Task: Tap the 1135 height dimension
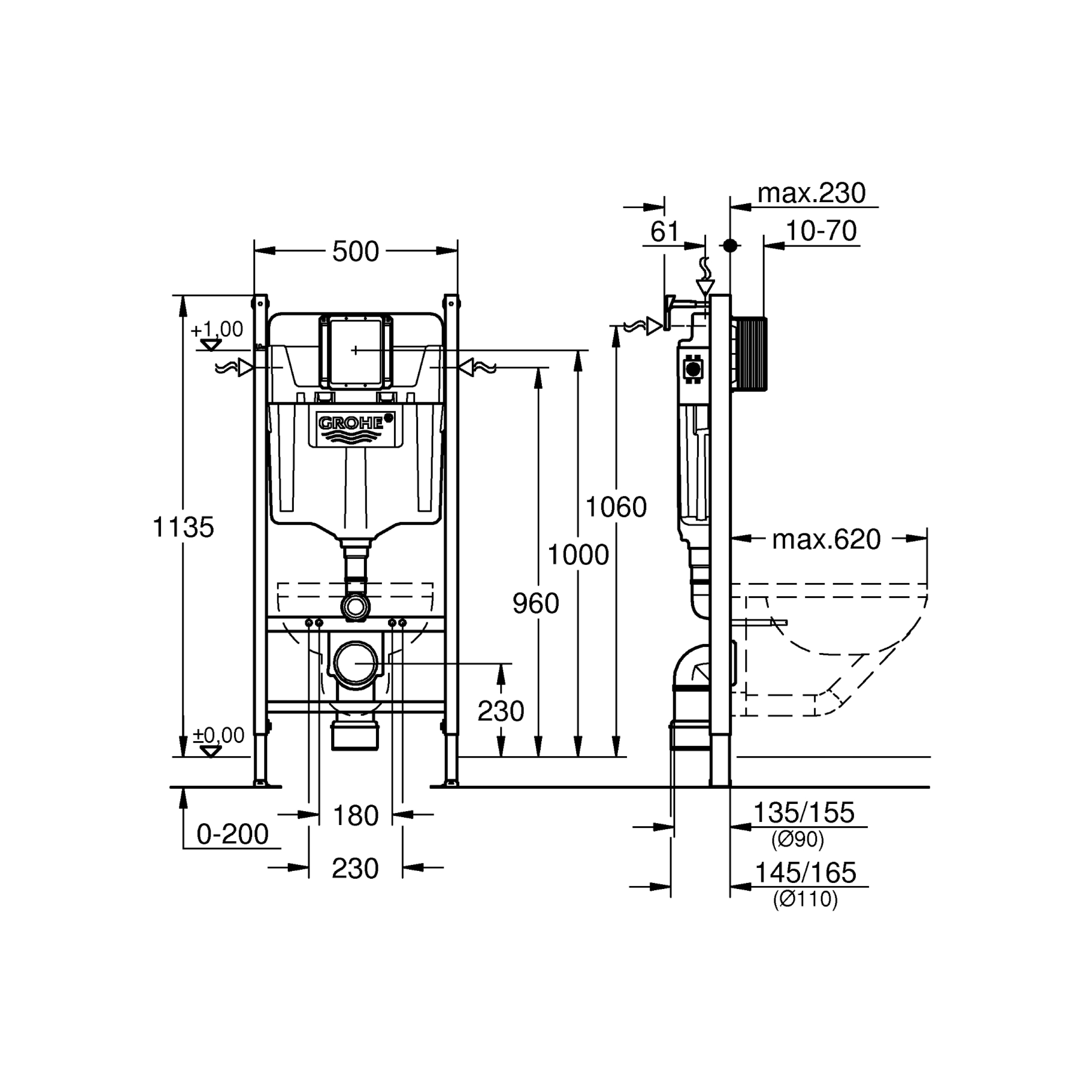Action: [184, 527]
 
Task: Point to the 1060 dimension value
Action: [616, 507]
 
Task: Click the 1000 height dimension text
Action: [578, 555]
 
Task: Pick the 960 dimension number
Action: [536, 603]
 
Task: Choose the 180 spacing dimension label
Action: [356, 816]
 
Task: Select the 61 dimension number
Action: [665, 231]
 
